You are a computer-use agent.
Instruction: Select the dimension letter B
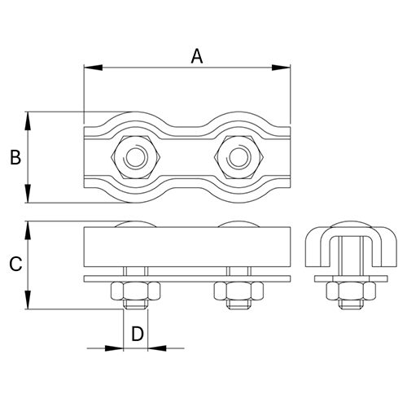coord(15,157)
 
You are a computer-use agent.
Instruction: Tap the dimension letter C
coord(15,264)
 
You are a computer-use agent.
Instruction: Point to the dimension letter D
coord(137,333)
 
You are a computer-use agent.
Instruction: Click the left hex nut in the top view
coord(133,156)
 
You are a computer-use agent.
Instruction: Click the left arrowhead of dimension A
coord(88,68)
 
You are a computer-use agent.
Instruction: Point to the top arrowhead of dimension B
coord(29,116)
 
